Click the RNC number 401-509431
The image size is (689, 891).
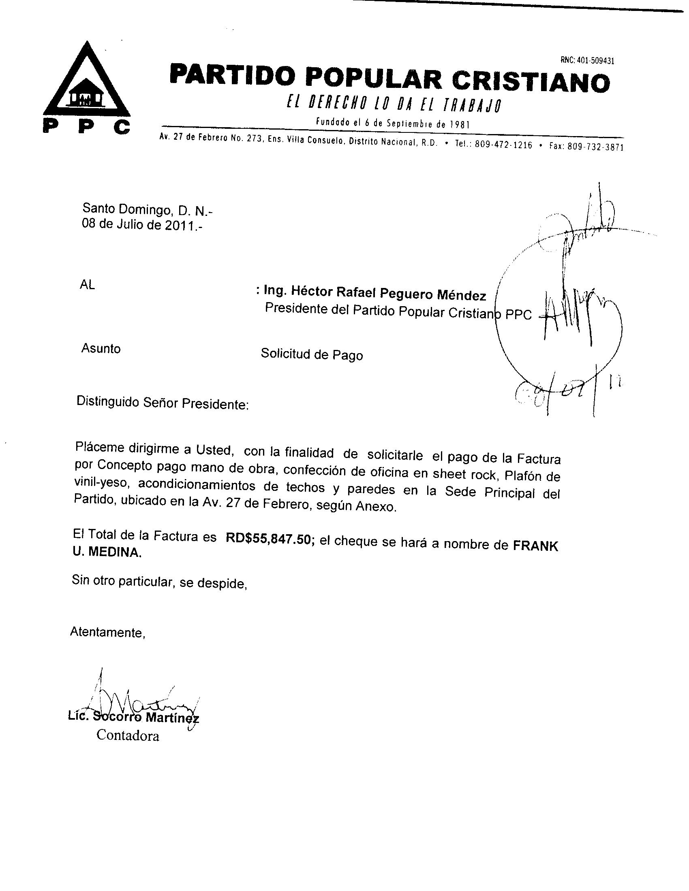(x=587, y=60)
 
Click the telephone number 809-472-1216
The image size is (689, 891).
(x=504, y=145)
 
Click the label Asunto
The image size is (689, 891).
(x=101, y=348)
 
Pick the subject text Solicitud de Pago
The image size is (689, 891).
(x=311, y=354)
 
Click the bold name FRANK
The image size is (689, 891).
(x=535, y=546)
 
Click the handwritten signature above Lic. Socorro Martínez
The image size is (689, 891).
(x=139, y=701)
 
